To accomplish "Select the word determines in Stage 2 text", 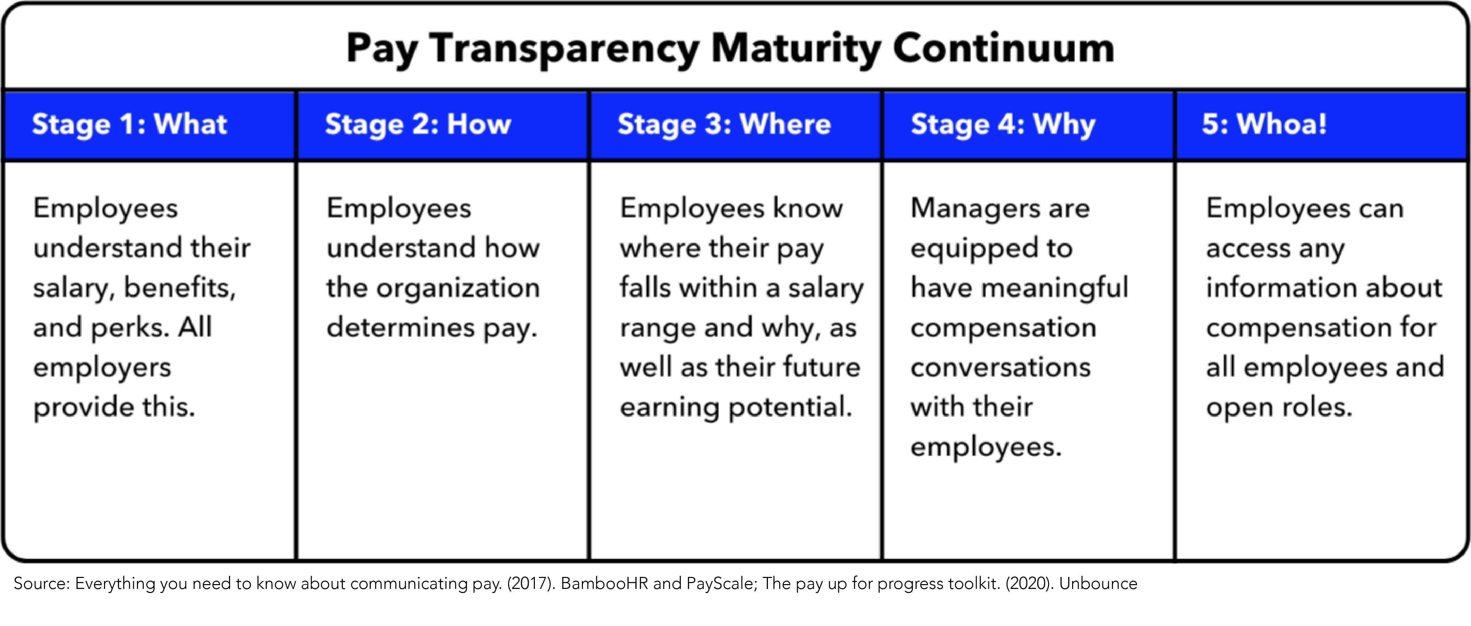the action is point(400,327).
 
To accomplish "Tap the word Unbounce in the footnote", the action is point(1098,583).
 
